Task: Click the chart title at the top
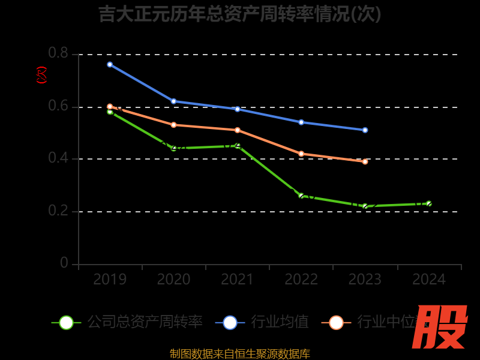click(240, 14)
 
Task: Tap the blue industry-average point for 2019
click(110, 64)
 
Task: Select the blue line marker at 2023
click(365, 130)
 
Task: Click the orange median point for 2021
click(238, 130)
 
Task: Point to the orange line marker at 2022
click(301, 154)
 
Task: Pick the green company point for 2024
click(428, 203)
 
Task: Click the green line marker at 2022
click(301, 196)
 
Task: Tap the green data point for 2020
click(174, 148)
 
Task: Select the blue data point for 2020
click(174, 101)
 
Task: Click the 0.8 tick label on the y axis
click(58, 53)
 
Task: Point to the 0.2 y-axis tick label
click(58, 211)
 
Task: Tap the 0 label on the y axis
click(64, 263)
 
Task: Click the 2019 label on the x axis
click(110, 280)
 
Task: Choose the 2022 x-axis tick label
click(301, 280)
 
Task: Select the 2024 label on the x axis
click(428, 280)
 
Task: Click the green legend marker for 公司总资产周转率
click(66, 322)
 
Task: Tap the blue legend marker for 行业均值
click(230, 322)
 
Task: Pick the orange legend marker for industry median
click(336, 322)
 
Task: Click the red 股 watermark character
click(440, 327)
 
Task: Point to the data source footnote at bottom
click(240, 353)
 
